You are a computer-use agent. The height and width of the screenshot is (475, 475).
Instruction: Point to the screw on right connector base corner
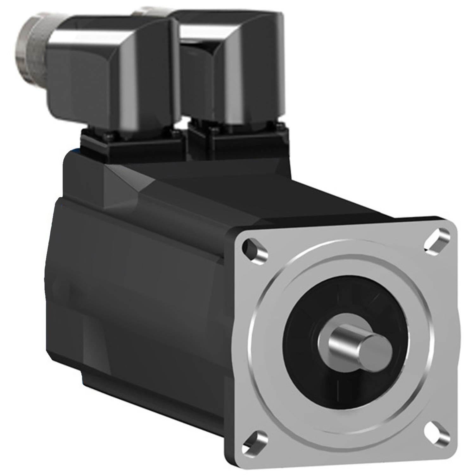coord(279,127)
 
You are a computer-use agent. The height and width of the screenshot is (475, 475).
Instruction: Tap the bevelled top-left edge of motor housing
coord(127,180)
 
